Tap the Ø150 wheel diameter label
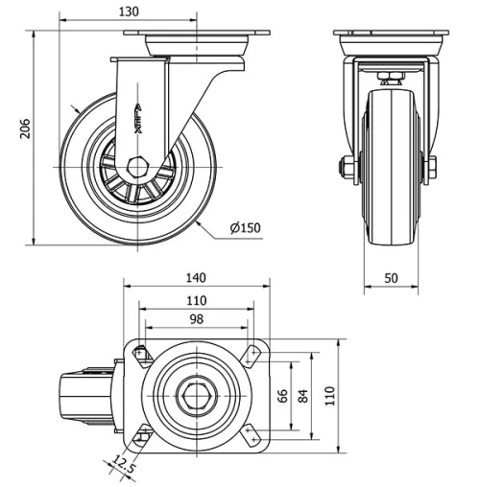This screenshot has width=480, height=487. pyautogui.click(x=245, y=228)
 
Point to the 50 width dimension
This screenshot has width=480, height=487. pyautogui.click(x=393, y=277)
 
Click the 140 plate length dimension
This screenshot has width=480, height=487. pyautogui.click(x=196, y=278)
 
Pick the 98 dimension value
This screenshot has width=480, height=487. pyautogui.click(x=196, y=319)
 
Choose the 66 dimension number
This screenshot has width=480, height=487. pyautogui.click(x=284, y=397)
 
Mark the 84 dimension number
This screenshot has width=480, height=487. pyautogui.click(x=304, y=397)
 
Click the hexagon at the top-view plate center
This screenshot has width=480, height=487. pyautogui.click(x=197, y=396)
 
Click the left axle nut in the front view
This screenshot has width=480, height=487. pyautogui.click(x=346, y=168)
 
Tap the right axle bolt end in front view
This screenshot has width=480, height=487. pyautogui.click(x=430, y=168)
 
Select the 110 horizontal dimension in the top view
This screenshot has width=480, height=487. pyautogui.click(x=196, y=301)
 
